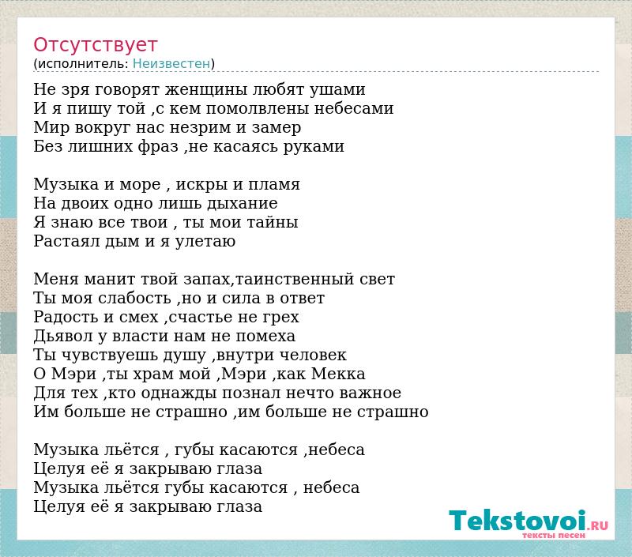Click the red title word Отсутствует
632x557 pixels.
(x=95, y=45)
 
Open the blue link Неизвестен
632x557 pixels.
(x=171, y=63)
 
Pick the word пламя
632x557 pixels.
(x=274, y=185)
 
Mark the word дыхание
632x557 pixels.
(x=243, y=204)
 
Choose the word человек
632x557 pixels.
(x=313, y=356)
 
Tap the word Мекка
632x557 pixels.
(x=339, y=374)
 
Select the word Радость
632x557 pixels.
(x=66, y=317)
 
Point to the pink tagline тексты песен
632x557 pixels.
(x=554, y=535)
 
